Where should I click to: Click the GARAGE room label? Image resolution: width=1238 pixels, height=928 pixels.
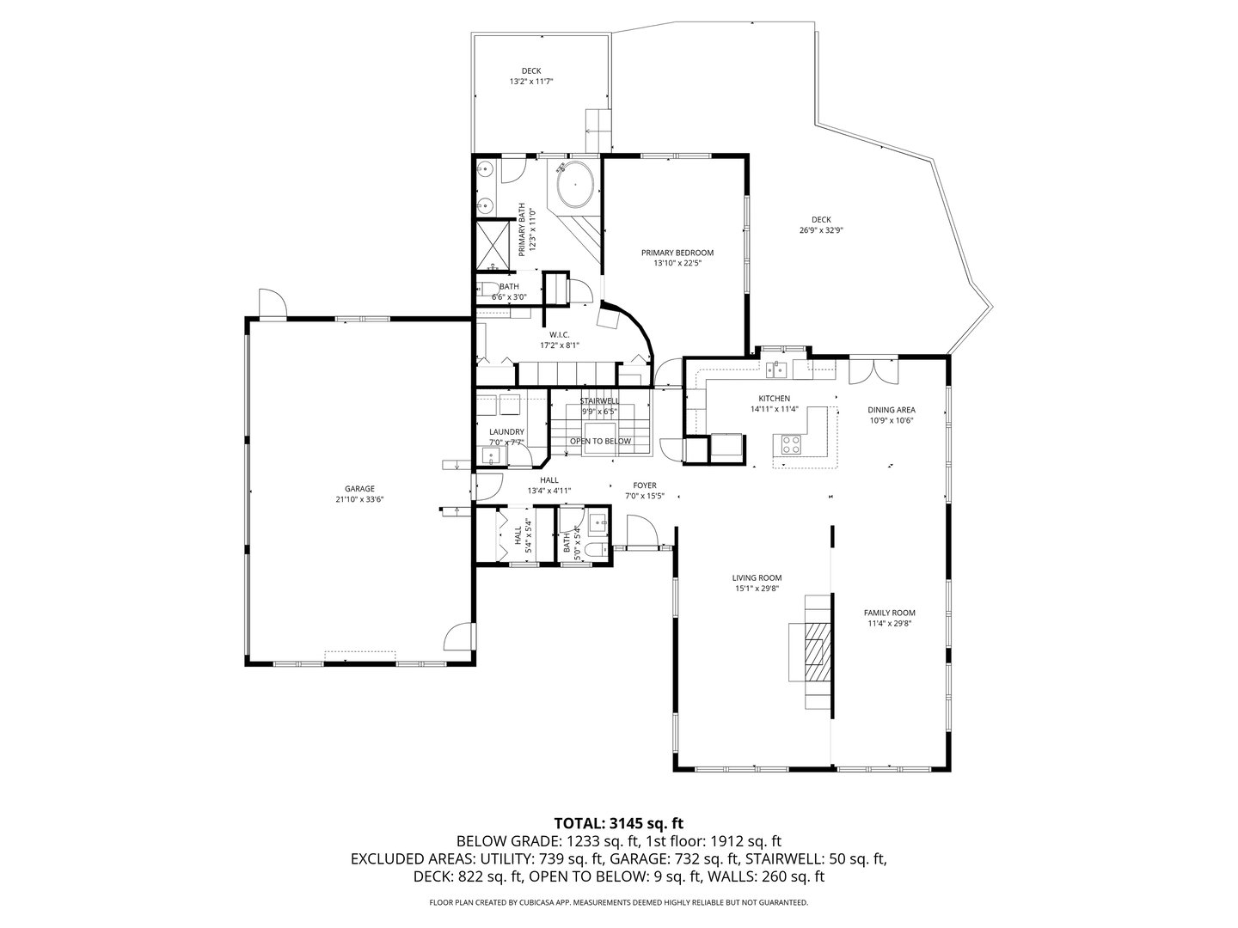(x=359, y=488)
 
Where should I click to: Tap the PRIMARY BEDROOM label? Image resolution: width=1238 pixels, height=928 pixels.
(x=677, y=253)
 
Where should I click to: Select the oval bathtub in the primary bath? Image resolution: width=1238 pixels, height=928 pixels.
(x=574, y=184)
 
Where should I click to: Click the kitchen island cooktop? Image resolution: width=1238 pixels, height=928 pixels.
(x=789, y=444)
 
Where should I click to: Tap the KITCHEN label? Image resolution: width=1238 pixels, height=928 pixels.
(x=774, y=399)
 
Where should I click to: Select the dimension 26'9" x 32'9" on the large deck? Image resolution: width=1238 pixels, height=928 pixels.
(x=821, y=230)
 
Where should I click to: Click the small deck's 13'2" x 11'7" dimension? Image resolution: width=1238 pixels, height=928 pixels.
(x=530, y=82)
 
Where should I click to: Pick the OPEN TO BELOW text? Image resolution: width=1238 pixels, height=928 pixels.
(x=600, y=441)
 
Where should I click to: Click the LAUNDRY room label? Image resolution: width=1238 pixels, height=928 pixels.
(x=506, y=432)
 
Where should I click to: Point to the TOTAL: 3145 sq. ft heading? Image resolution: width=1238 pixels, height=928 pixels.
(x=618, y=823)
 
